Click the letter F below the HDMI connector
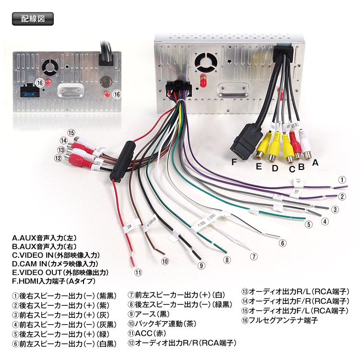coord(234,162)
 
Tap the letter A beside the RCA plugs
coord(315,162)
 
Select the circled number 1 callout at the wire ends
coord(342,180)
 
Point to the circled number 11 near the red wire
coord(138,273)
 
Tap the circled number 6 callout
coord(283,243)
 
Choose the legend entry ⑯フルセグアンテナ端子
coord(279,320)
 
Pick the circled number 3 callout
coord(335,209)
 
